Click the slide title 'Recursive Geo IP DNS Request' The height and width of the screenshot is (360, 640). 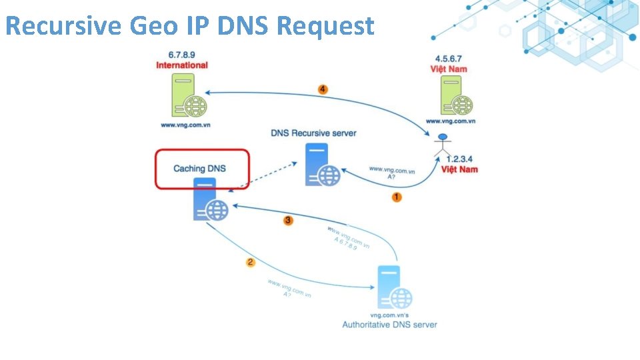[189, 26]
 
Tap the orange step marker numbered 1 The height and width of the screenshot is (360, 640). [397, 197]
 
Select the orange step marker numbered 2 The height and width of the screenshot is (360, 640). [251, 262]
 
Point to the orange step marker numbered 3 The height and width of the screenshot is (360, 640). [288, 220]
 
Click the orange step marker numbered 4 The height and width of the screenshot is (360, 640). [323, 89]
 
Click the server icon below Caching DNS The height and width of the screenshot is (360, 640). [209, 200]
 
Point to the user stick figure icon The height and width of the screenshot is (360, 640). [441, 146]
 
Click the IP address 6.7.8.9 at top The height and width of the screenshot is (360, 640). [182, 55]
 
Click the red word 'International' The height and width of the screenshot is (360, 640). [182, 65]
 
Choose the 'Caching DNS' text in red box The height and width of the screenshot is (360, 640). [199, 168]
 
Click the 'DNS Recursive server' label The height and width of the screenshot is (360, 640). [313, 133]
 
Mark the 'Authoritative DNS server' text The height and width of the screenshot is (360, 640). [390, 325]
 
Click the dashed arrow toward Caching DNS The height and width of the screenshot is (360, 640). [263, 176]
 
